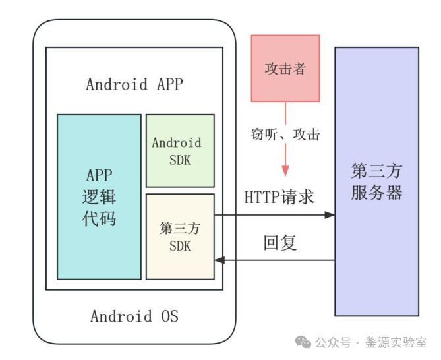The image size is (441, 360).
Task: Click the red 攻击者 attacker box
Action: [285, 69]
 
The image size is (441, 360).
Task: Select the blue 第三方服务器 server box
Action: [376, 181]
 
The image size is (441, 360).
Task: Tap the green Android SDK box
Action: [180, 150]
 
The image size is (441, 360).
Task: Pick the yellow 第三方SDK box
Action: [180, 236]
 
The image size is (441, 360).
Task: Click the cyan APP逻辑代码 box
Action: [99, 196]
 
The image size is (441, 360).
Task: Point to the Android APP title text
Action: [134, 84]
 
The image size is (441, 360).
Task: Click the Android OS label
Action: [134, 316]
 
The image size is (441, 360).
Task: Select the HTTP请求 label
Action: [279, 196]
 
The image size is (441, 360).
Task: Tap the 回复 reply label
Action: [280, 243]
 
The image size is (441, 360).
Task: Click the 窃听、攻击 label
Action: [285, 135]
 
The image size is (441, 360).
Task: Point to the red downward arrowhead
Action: [285, 170]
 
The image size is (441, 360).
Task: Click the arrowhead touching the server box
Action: [329, 214]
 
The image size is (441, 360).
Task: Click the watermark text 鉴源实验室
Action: [400, 342]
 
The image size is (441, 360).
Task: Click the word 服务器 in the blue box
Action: [376, 193]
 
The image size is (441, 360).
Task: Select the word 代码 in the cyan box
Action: [99, 218]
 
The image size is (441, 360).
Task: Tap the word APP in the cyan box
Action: [99, 175]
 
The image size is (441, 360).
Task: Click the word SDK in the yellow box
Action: [180, 245]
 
